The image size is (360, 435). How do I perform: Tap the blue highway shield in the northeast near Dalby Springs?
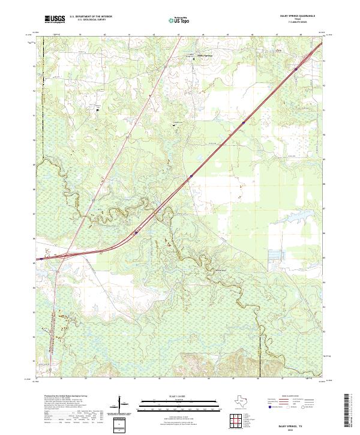coord(244,122)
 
